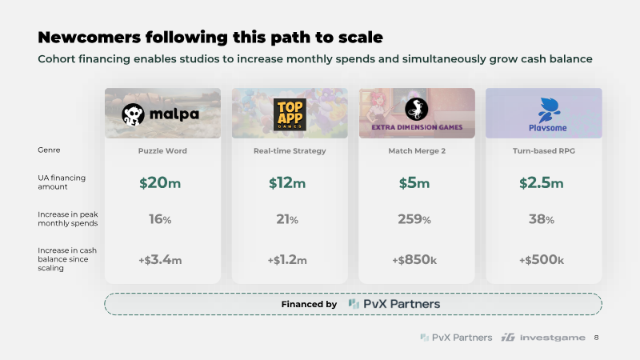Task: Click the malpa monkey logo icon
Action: pyautogui.click(x=133, y=114)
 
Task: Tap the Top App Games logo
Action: pyautogui.click(x=290, y=114)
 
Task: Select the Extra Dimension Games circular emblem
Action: pyautogui.click(x=416, y=109)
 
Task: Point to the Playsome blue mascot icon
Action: pyautogui.click(x=547, y=110)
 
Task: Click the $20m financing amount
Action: pyautogui.click(x=160, y=183)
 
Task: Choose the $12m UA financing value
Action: pyautogui.click(x=287, y=183)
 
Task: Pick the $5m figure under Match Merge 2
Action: pyautogui.click(x=414, y=183)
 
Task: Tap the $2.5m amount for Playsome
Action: pyautogui.click(x=542, y=183)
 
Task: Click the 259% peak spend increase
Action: pyautogui.click(x=414, y=219)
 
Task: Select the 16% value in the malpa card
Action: pyautogui.click(x=160, y=219)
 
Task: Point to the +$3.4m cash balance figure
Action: pyautogui.click(x=160, y=259)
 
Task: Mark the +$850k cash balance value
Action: pyautogui.click(x=414, y=259)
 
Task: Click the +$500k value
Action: pyautogui.click(x=542, y=259)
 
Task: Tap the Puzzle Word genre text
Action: pyautogui.click(x=162, y=150)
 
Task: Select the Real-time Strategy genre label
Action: pyautogui.click(x=290, y=150)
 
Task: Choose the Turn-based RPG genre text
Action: pyautogui.click(x=544, y=150)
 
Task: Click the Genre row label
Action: pyautogui.click(x=49, y=150)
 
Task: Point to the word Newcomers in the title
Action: pyautogui.click(x=89, y=37)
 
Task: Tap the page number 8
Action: pyautogui.click(x=596, y=338)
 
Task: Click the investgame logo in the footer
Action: pyautogui.click(x=543, y=338)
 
